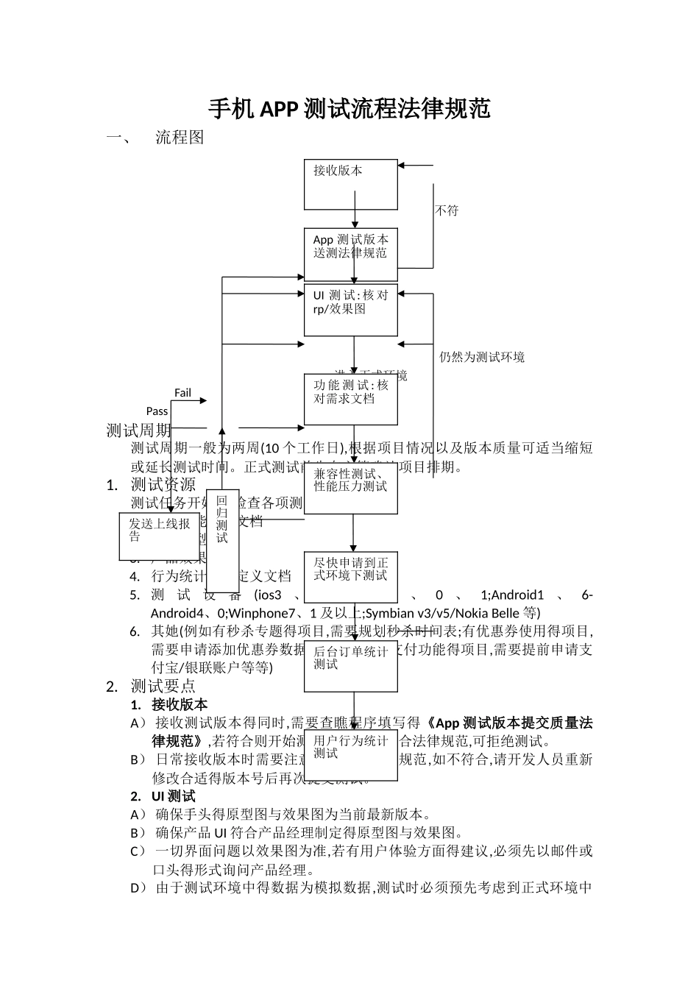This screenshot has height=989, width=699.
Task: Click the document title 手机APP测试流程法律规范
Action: [349, 109]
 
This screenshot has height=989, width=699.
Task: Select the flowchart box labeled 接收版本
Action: [351, 184]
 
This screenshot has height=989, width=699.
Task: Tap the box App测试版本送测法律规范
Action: [351, 254]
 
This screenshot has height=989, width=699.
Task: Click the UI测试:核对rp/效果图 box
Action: [351, 310]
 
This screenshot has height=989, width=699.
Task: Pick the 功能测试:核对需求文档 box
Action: [351, 399]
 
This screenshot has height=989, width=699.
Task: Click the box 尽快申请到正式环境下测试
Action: [351, 576]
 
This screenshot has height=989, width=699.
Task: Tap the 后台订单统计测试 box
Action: [351, 665]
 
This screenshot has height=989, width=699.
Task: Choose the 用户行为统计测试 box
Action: [351, 754]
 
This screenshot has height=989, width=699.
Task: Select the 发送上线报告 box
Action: [160, 536]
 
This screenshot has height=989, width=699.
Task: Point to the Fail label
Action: [182, 393]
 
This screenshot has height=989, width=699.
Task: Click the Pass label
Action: [157, 411]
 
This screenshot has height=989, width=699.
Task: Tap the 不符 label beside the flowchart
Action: [447, 210]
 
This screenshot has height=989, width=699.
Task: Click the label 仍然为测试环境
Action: [482, 358]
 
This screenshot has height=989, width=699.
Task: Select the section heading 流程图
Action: [180, 138]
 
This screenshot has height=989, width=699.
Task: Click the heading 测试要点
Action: [163, 686]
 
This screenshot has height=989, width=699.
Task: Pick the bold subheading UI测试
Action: [174, 796]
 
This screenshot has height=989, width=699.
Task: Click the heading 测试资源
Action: [163, 484]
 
